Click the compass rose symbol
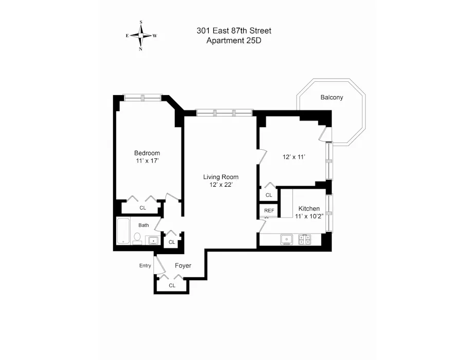tap(141, 35)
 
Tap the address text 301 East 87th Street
tap(234, 31)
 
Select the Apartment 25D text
tap(234, 41)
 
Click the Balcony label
tap(332, 97)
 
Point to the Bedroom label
tap(147, 153)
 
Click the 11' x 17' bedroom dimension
tap(147, 161)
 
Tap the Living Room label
tap(221, 177)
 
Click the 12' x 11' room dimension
tap(294, 157)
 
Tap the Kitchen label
tap(309, 208)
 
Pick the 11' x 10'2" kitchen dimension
tap(309, 217)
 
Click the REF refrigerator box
tap(269, 211)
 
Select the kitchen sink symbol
tap(286, 239)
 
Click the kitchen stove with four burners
tap(304, 239)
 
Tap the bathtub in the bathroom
tap(123, 231)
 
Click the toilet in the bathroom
tap(137, 238)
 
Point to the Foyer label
tap(183, 266)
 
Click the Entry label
tap(145, 266)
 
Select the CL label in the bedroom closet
tap(143, 208)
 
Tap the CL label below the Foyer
tap(172, 285)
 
